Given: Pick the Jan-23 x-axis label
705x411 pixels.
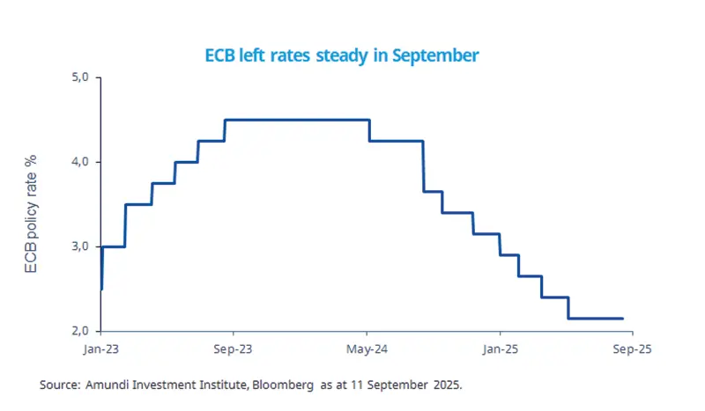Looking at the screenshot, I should click(x=101, y=349).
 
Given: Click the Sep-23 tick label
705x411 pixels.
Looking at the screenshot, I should click(x=234, y=349).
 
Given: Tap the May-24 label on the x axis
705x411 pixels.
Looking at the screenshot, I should click(x=367, y=349).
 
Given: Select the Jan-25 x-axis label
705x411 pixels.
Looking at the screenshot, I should click(x=500, y=349).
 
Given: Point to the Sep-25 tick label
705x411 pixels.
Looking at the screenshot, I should click(x=633, y=349).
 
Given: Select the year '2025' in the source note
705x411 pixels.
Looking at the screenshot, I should click(x=446, y=385).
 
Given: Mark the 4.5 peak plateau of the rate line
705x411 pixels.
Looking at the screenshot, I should click(x=300, y=120).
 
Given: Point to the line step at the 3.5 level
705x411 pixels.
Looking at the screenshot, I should click(x=138, y=204).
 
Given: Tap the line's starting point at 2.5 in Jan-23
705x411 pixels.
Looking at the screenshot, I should click(x=101, y=289).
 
